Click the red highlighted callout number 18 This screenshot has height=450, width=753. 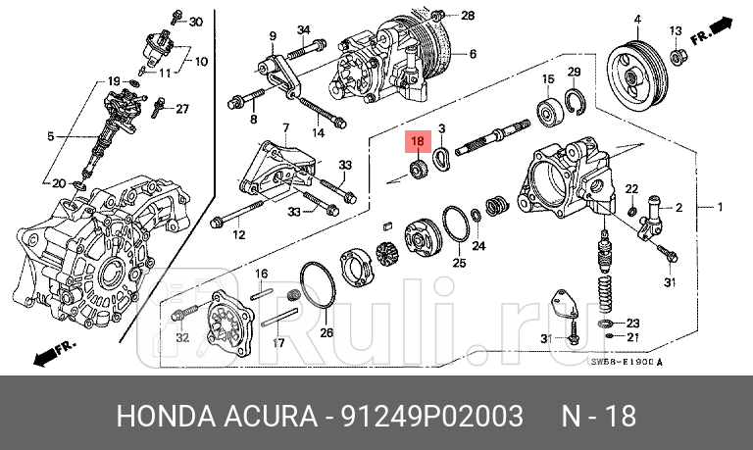tap(418, 141)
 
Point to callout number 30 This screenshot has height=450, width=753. tap(195, 21)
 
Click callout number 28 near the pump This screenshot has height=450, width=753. tap(467, 15)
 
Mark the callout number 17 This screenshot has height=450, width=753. tap(278, 343)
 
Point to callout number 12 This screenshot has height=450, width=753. tap(237, 235)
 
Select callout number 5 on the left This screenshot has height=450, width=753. tap(52, 137)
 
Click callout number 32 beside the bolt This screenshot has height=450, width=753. tap(181, 337)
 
